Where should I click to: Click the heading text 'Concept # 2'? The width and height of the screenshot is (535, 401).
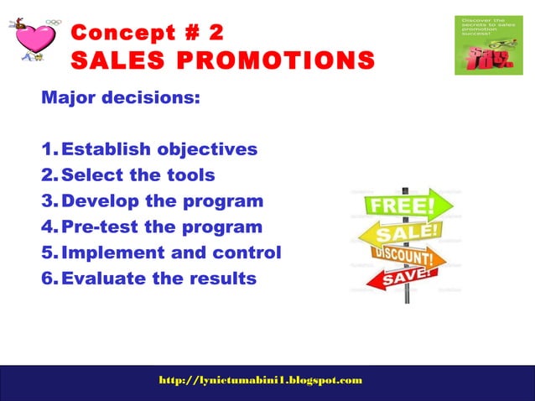pos(148,33)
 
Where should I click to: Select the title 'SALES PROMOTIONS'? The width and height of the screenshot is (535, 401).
pos(223,60)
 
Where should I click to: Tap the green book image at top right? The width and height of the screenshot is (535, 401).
pos(488,44)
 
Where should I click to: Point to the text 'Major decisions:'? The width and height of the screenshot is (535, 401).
pos(121,98)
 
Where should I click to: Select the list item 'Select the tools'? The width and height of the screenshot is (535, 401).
pos(138,175)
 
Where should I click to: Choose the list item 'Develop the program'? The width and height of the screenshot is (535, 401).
pos(162,201)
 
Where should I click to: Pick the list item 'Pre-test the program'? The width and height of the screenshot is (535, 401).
pos(162,227)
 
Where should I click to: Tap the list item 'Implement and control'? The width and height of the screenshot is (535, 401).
pos(171,253)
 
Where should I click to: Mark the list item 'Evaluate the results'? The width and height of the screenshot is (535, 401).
pos(158,279)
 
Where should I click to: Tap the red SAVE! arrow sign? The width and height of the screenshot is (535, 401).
pos(403,276)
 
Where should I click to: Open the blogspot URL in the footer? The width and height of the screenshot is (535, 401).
pos(261,380)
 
